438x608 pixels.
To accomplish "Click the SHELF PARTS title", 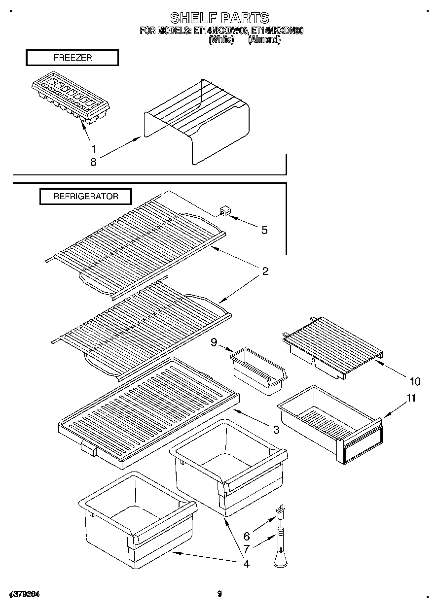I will [x=219, y=18].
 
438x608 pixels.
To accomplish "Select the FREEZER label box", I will [x=72, y=58].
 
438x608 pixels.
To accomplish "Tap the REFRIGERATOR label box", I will [x=86, y=196].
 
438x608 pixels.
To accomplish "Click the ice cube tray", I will [x=71, y=100].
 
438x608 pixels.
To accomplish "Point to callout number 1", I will [x=93, y=148].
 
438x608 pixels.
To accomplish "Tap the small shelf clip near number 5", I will [x=225, y=212].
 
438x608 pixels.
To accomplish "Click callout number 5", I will [x=264, y=230].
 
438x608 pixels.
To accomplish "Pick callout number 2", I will [x=265, y=271].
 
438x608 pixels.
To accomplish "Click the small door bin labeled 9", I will [x=258, y=370].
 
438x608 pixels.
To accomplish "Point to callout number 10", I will [x=414, y=381].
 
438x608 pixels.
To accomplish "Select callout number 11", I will [x=411, y=398].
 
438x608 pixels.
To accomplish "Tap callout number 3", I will [x=276, y=430].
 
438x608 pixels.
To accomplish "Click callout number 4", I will [x=246, y=563].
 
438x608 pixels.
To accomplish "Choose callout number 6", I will [x=246, y=536].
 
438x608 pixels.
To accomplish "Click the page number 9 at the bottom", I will [x=219, y=594].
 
